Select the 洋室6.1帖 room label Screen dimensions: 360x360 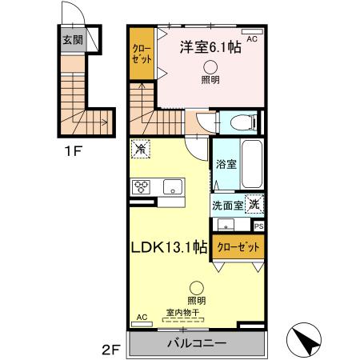point(210,48)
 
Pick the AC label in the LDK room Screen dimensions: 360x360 point(142,317)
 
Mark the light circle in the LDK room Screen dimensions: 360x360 point(197,288)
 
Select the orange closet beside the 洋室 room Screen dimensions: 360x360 point(143,54)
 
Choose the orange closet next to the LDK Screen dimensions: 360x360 point(238,248)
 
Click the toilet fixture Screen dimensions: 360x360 point(242,122)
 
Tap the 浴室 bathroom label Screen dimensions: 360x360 point(225,166)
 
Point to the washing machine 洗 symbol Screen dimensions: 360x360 point(254,204)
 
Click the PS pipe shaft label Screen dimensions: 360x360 point(258,226)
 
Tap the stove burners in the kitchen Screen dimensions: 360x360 point(142,187)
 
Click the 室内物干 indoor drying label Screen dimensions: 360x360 point(183,313)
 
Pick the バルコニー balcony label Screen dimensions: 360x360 point(196,343)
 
